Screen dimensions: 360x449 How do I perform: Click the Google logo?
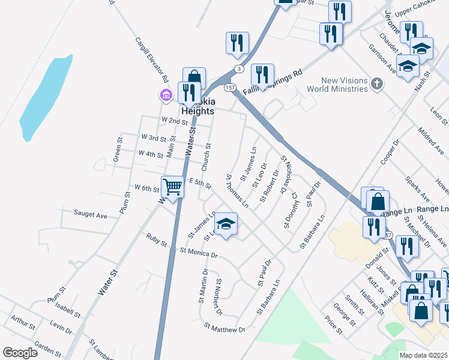(x=20, y=353)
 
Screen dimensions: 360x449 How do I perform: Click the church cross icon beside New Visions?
(x=376, y=83)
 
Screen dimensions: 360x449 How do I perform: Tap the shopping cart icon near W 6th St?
(x=172, y=187)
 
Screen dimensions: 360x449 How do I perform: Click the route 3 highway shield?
(x=239, y=69)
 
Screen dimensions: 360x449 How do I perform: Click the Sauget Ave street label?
(x=90, y=214)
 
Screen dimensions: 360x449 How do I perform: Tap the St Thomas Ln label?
(x=237, y=190)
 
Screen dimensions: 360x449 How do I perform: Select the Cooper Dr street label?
(x=390, y=152)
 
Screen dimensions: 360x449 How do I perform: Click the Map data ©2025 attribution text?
(x=423, y=355)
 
